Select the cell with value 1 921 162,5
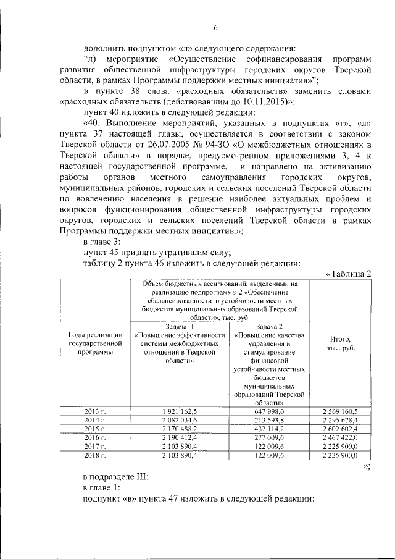coord(180,411)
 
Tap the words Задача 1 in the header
coord(180,326)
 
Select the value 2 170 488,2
coord(180,428)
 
